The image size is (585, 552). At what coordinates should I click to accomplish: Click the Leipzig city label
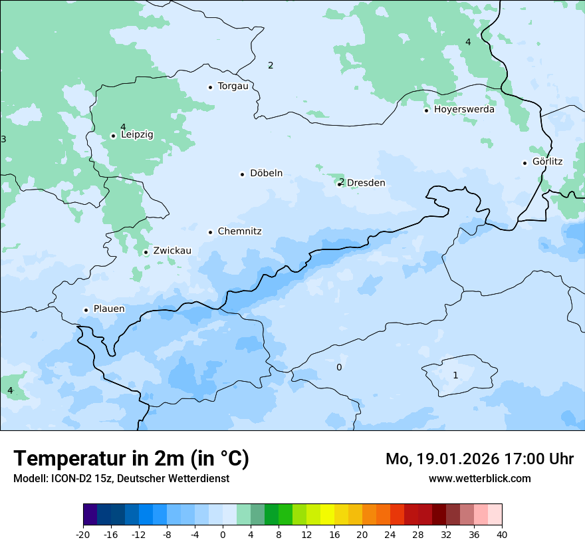pyautogui.click(x=137, y=135)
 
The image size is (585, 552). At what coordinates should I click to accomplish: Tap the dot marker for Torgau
pyautogui.click(x=210, y=87)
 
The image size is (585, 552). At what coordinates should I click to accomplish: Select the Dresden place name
pyautogui.click(x=366, y=183)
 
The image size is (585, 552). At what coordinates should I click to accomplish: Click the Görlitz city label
pyautogui.click(x=547, y=162)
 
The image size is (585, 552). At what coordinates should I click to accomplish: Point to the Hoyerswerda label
pyautogui.click(x=464, y=110)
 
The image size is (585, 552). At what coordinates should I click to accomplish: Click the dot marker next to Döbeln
pyautogui.click(x=242, y=174)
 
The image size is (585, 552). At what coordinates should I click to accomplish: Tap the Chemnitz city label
pyautogui.click(x=239, y=232)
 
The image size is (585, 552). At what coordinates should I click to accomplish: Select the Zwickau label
pyautogui.click(x=172, y=251)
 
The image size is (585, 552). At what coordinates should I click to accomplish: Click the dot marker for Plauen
pyautogui.click(x=86, y=310)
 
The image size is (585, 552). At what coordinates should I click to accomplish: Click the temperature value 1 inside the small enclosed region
pyautogui.click(x=455, y=376)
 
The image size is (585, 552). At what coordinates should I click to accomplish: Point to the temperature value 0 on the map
pyautogui.click(x=339, y=368)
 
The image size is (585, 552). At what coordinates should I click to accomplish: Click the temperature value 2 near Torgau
pyautogui.click(x=271, y=65)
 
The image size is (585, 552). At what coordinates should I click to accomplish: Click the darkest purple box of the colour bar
pyautogui.click(x=90, y=515)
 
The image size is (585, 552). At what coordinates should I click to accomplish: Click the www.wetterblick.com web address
pyautogui.click(x=479, y=479)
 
